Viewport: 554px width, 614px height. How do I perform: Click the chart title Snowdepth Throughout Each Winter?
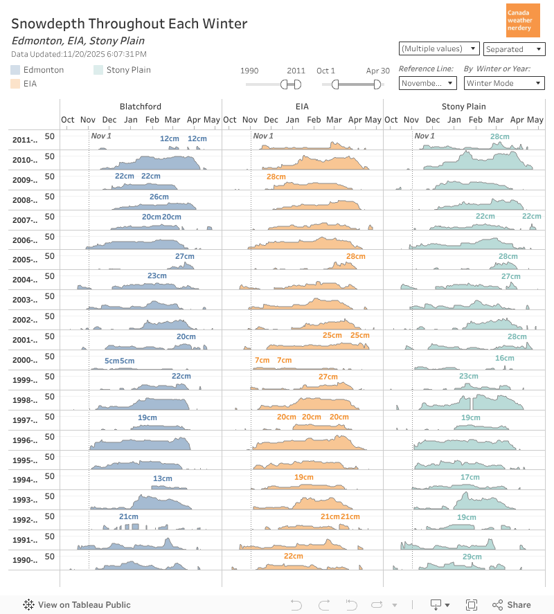click(129, 24)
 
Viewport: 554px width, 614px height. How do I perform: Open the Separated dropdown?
click(514, 49)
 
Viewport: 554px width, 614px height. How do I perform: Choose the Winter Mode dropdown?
click(504, 83)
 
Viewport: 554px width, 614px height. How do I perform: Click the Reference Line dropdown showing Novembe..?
click(427, 83)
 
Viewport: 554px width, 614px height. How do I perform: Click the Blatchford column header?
click(141, 107)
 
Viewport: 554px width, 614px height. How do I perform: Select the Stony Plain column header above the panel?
click(464, 107)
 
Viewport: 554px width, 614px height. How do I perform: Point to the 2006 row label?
click(25, 240)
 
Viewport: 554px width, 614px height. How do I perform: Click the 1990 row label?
click(25, 560)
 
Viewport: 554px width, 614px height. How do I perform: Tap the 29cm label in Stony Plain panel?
click(472, 557)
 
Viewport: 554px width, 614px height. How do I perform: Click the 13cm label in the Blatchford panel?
click(163, 478)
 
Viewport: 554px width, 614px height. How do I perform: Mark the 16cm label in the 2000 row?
click(505, 358)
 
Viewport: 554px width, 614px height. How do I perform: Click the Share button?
click(512, 605)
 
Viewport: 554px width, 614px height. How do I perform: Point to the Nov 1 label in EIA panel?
click(263, 135)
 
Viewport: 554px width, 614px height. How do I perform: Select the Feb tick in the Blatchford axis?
click(152, 120)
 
